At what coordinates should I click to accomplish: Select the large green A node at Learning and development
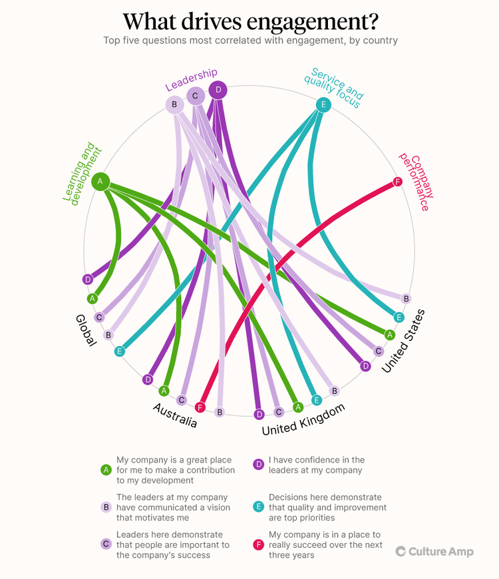point(100,181)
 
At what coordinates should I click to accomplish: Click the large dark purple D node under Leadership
point(218,91)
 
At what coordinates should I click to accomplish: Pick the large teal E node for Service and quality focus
point(323,104)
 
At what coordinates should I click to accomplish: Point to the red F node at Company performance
point(398,182)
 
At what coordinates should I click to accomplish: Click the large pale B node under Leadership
point(174,104)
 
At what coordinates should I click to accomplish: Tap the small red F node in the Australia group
point(200,407)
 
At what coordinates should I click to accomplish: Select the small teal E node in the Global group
point(120,351)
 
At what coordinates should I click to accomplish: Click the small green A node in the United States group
point(390,335)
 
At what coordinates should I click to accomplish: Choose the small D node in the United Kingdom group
point(259,414)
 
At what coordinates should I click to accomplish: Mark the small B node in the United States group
point(407,298)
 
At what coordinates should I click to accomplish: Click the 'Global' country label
point(86,330)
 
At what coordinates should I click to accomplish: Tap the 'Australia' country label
point(175,415)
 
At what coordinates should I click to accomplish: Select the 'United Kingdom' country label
point(303,420)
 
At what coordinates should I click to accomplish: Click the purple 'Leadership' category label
point(191,79)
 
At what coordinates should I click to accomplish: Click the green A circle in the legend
point(105,470)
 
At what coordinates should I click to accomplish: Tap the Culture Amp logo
point(434,551)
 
